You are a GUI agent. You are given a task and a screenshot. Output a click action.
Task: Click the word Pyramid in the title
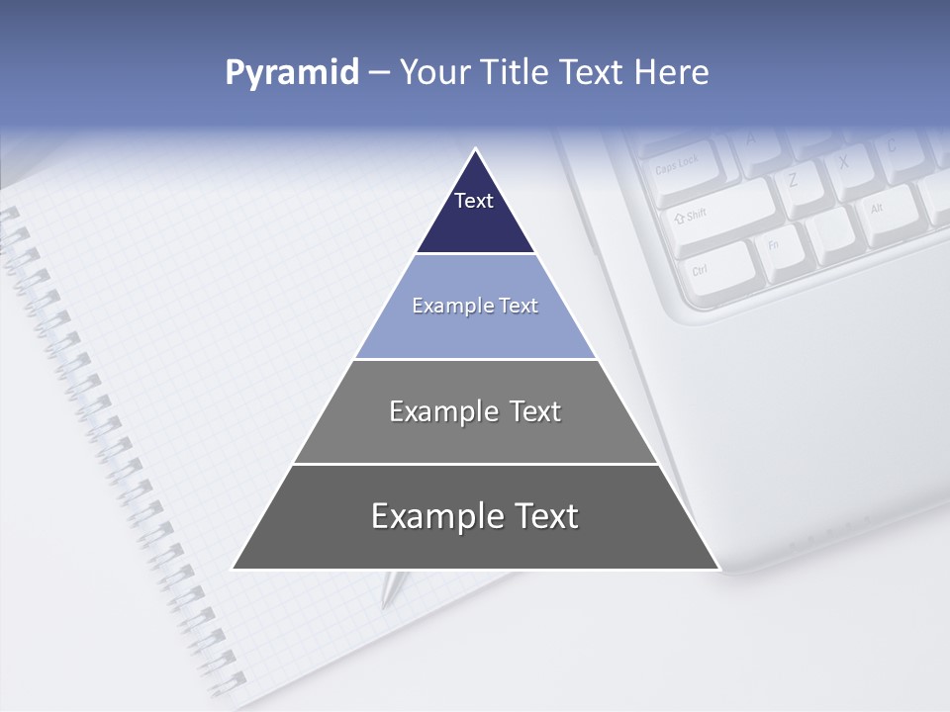(292, 73)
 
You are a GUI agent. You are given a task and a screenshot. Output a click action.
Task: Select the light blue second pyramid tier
(475, 307)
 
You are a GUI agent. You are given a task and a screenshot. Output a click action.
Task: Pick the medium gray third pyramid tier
(475, 411)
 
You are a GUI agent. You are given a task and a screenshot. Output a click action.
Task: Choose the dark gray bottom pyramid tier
(475, 516)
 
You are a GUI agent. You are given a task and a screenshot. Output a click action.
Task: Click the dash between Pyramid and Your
(379, 73)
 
